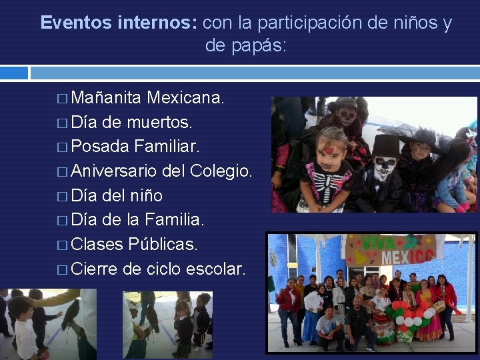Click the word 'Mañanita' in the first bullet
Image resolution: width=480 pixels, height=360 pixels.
point(106,99)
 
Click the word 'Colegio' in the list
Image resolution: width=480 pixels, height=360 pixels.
point(219,171)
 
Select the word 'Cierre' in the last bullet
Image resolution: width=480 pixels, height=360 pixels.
point(95,269)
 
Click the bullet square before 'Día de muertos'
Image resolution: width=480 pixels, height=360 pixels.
point(61,124)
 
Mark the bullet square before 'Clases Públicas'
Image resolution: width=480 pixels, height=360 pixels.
point(61,245)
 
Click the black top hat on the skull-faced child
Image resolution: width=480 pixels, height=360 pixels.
point(385,146)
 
